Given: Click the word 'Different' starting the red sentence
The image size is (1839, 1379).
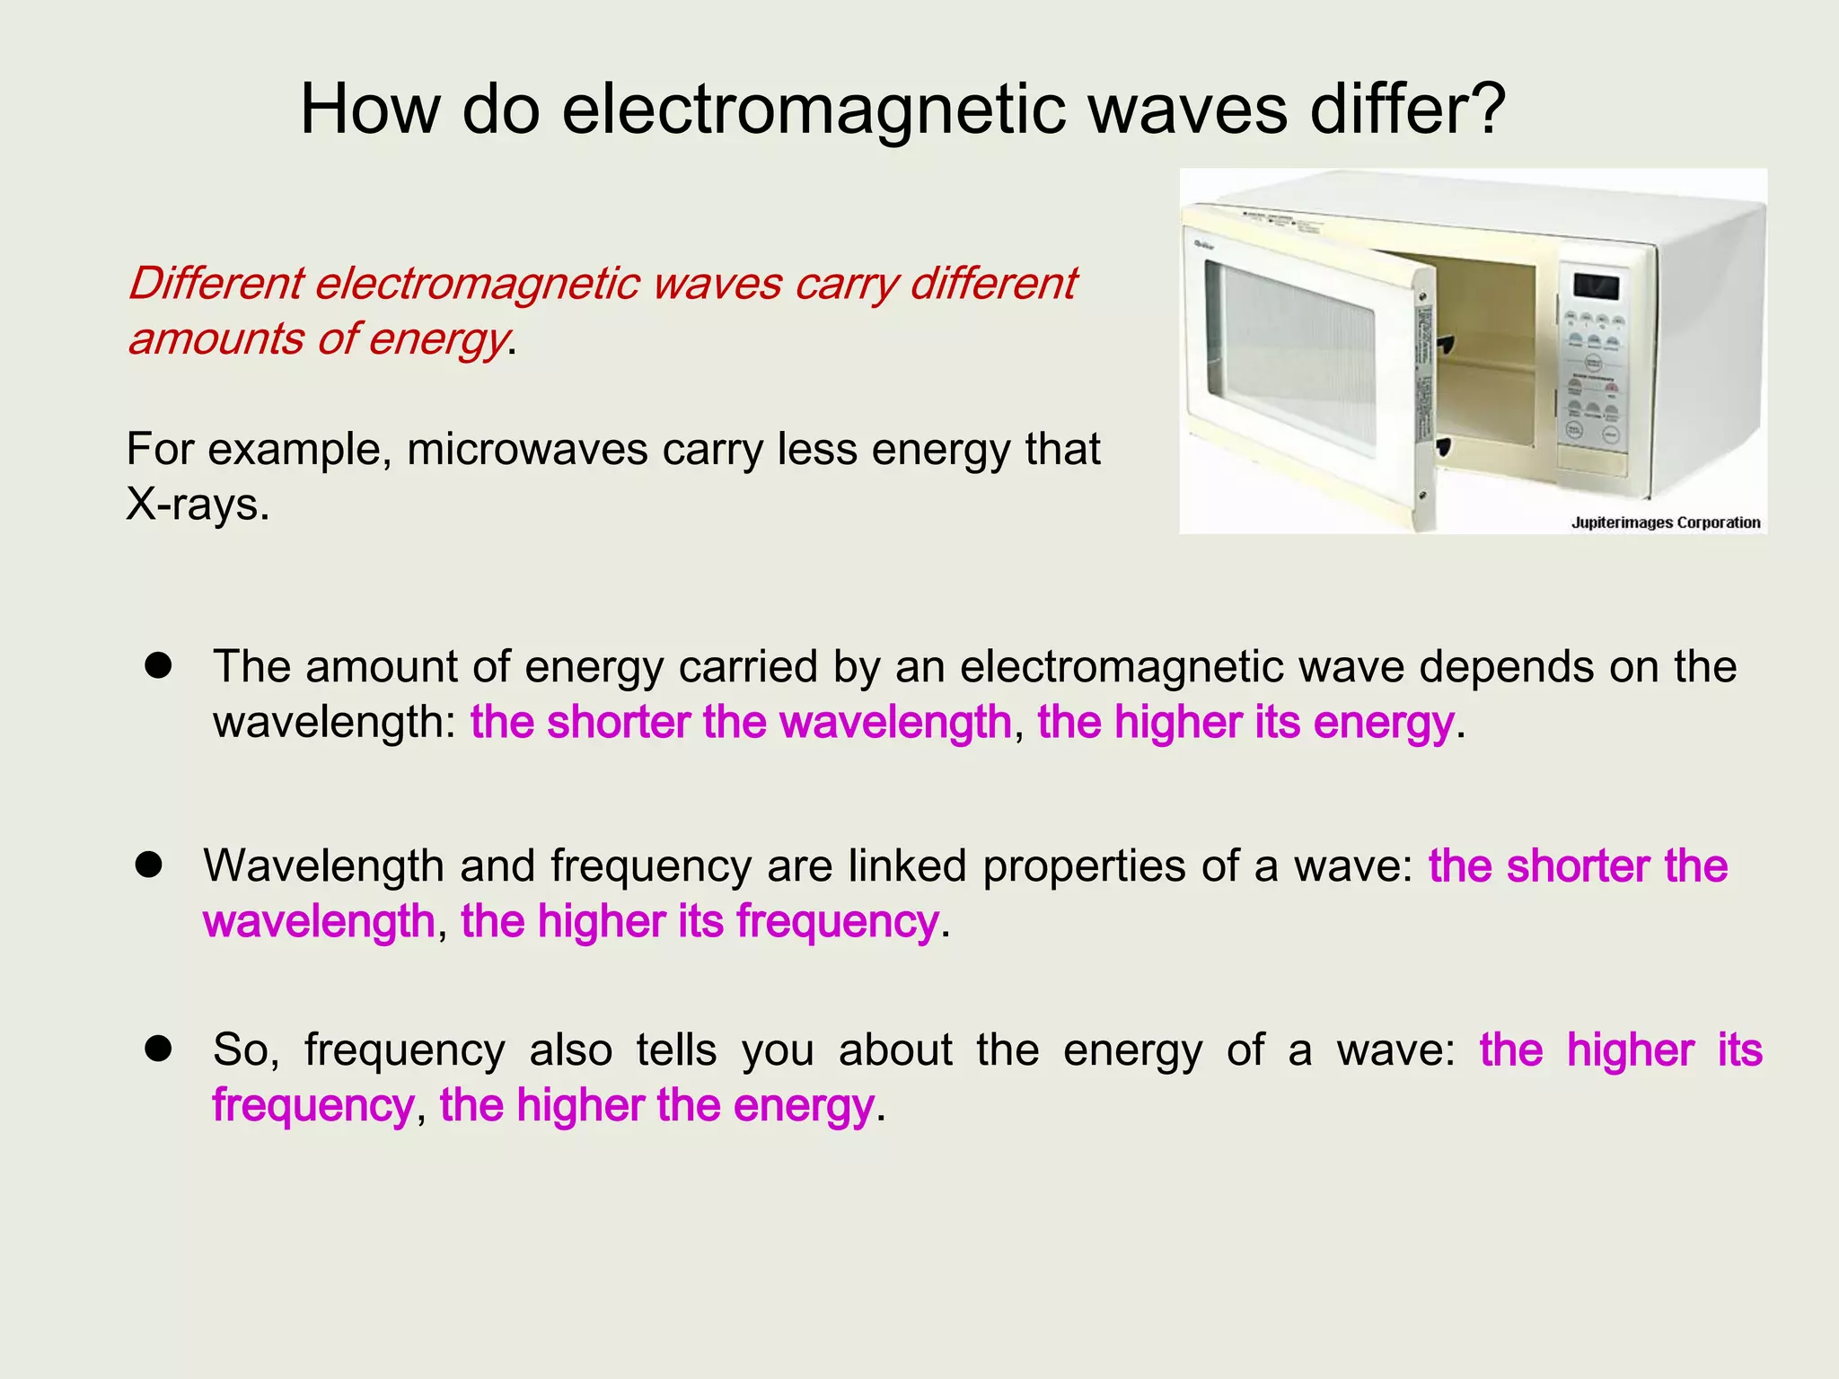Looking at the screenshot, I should click(216, 284).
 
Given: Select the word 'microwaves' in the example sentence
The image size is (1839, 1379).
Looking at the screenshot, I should click(527, 449).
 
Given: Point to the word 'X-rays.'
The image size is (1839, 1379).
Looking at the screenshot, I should click(198, 505).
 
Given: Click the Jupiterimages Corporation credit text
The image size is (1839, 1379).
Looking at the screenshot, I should click(1665, 523).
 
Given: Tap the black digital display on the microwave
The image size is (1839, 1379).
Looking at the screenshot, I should click(1596, 287).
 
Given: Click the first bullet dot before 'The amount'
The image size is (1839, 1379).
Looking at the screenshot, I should click(158, 666).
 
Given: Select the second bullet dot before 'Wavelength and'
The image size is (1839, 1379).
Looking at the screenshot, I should click(148, 865).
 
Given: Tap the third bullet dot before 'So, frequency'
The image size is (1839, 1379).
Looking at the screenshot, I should click(158, 1049).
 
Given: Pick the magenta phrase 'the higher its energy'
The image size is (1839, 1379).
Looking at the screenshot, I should click(1245, 723).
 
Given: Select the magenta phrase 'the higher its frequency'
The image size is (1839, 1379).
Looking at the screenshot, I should click(700, 922).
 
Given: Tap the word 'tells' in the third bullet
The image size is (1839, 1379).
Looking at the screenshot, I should click(676, 1050).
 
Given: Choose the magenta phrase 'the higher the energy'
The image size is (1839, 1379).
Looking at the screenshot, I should click(656, 1105).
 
